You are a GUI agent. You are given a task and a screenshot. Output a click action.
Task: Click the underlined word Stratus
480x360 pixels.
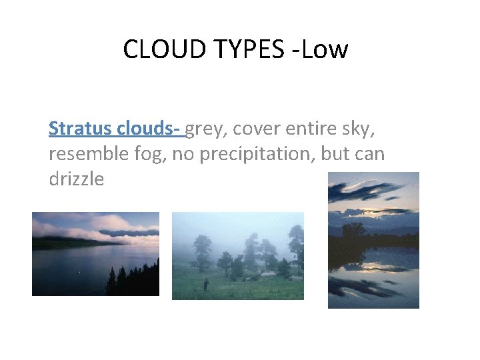coord(81,128)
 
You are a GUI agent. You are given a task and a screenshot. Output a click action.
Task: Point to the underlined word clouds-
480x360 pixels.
coord(150,128)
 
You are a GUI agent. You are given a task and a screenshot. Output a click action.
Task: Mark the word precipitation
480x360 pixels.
coord(266,154)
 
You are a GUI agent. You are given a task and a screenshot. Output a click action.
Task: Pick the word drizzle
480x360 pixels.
coord(76,179)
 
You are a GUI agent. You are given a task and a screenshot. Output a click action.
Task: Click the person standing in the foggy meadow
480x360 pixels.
coord(206,285)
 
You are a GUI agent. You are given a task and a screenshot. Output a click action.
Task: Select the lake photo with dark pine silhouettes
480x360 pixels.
coord(95,253)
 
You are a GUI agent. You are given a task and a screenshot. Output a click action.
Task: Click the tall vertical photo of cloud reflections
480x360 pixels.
coord(373,240)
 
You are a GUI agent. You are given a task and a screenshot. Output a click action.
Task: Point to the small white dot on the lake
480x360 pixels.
coord(79,272)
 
